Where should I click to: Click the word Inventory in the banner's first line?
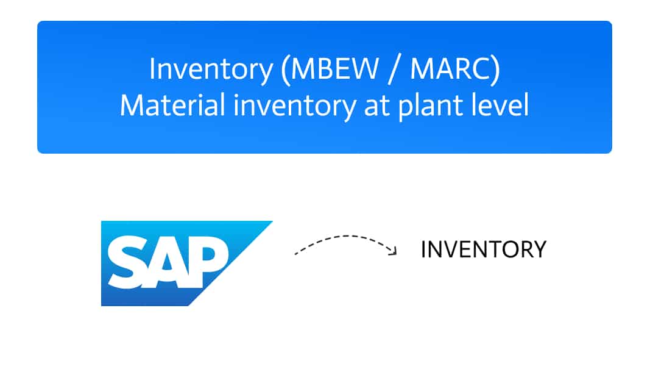(211, 70)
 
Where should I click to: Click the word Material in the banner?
(172, 104)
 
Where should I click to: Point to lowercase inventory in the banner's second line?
(294, 107)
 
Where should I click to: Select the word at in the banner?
(376, 106)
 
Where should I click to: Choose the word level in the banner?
(501, 104)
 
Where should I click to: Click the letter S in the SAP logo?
(128, 262)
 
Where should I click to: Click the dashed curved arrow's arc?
(345, 237)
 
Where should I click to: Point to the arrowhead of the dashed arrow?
(392, 250)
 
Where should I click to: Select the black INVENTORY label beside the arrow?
(483, 249)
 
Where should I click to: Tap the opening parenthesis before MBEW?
(284, 71)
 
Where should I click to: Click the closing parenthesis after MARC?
(496, 71)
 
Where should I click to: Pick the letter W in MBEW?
(365, 68)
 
